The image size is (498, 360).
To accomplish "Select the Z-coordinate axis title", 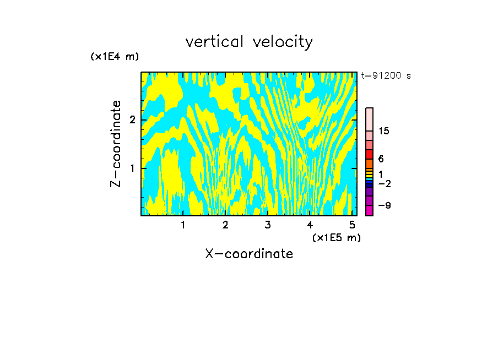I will pyautogui.click(x=116, y=144).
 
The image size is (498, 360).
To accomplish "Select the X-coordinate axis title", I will pyautogui.click(x=249, y=254).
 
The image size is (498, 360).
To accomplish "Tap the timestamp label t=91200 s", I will pyautogui.click(x=386, y=76).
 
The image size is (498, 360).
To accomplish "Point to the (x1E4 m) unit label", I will pyautogui.click(x=115, y=57).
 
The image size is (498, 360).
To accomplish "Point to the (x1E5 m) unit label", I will pyautogui.click(x=336, y=237).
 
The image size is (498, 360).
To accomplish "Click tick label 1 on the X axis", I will pyautogui.click(x=183, y=225).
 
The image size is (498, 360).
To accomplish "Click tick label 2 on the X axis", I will pyautogui.click(x=225, y=225).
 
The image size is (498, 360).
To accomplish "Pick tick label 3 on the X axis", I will pyautogui.click(x=268, y=225).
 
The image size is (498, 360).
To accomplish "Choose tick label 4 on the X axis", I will pyautogui.click(x=310, y=225).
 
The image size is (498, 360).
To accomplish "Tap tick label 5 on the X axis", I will pyautogui.click(x=353, y=225).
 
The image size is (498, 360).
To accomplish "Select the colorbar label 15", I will pyautogui.click(x=384, y=131).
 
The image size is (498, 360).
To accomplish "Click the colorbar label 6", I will pyautogui.click(x=381, y=159).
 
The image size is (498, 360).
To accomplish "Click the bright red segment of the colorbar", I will pyautogui.click(x=369, y=154).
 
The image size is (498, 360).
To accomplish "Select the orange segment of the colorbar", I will pyautogui.click(x=369, y=163).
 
